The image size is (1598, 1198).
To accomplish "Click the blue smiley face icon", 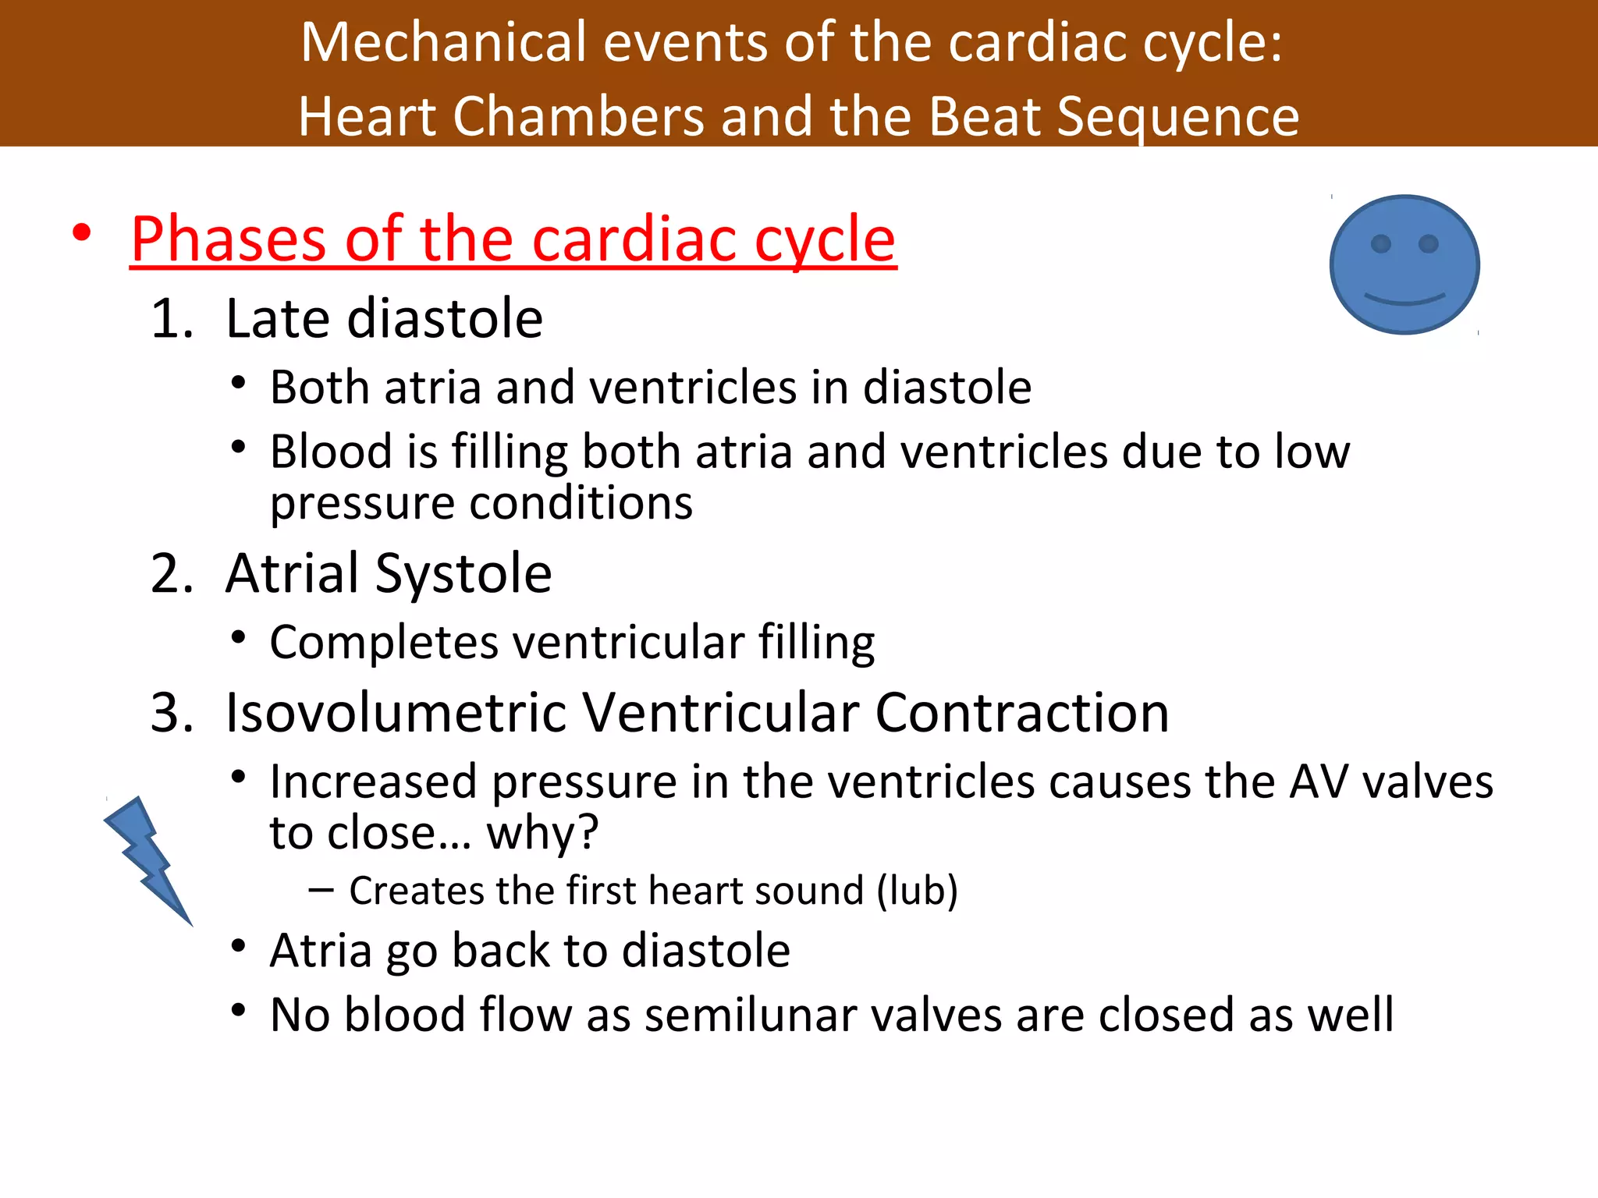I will pos(1404,265).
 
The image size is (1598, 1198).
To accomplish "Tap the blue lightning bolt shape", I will pos(148,858).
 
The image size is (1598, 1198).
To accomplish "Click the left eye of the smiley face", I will pos(1380,244).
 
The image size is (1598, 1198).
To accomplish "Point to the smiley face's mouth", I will pos(1404,299).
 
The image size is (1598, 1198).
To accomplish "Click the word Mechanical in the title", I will pos(442,42).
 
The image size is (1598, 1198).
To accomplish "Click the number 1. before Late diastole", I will pos(172,320).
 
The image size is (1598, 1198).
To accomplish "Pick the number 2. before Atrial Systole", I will pos(172,574).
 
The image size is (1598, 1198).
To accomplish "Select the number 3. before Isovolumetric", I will pos(172,713).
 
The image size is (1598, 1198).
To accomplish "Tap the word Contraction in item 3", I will pos(1021,713).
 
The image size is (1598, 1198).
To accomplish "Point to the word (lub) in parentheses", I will pos(917,891).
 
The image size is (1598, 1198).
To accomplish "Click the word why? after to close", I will pos(542,833).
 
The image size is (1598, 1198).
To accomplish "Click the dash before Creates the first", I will pos(321,891).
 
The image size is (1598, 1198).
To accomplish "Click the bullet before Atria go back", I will pos(239,946).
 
